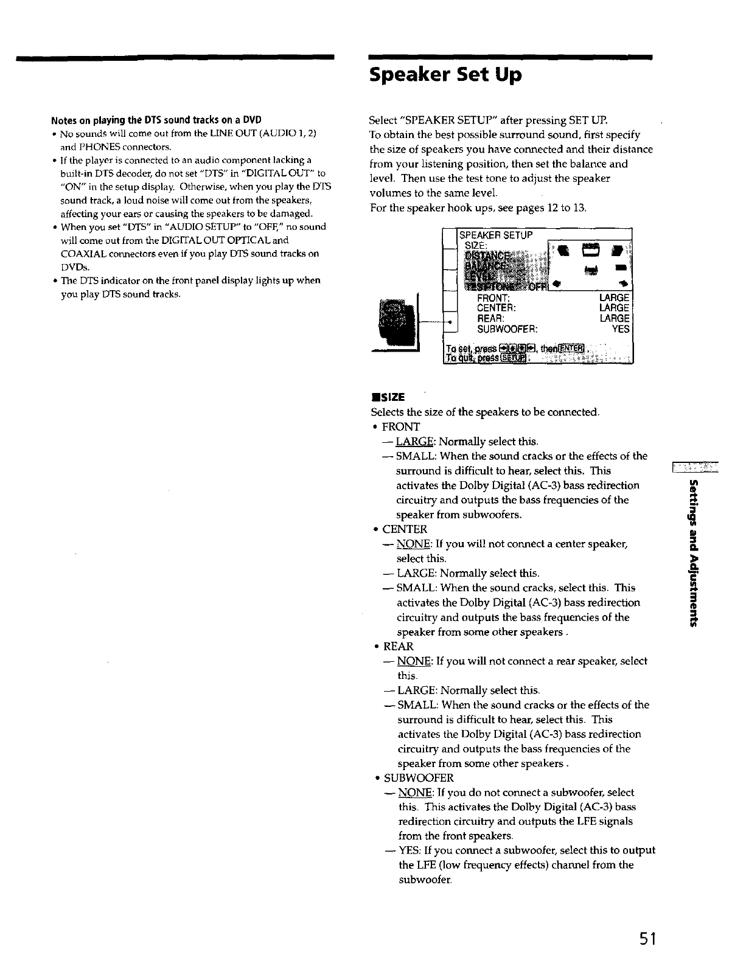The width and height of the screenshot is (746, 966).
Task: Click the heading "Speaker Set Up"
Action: click(445, 75)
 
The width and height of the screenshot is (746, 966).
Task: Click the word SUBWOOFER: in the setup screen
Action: click(507, 329)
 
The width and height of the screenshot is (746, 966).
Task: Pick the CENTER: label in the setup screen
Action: click(497, 308)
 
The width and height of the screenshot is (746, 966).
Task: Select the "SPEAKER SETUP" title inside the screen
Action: click(496, 235)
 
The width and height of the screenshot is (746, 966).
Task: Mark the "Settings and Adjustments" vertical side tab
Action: click(693, 553)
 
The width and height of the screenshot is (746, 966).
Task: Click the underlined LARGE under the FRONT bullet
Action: click(415, 442)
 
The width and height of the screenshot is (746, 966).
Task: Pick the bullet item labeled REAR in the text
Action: click(398, 646)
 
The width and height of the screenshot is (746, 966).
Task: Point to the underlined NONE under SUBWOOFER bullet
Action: click(416, 793)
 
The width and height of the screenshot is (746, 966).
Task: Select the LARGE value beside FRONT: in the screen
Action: click(614, 298)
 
